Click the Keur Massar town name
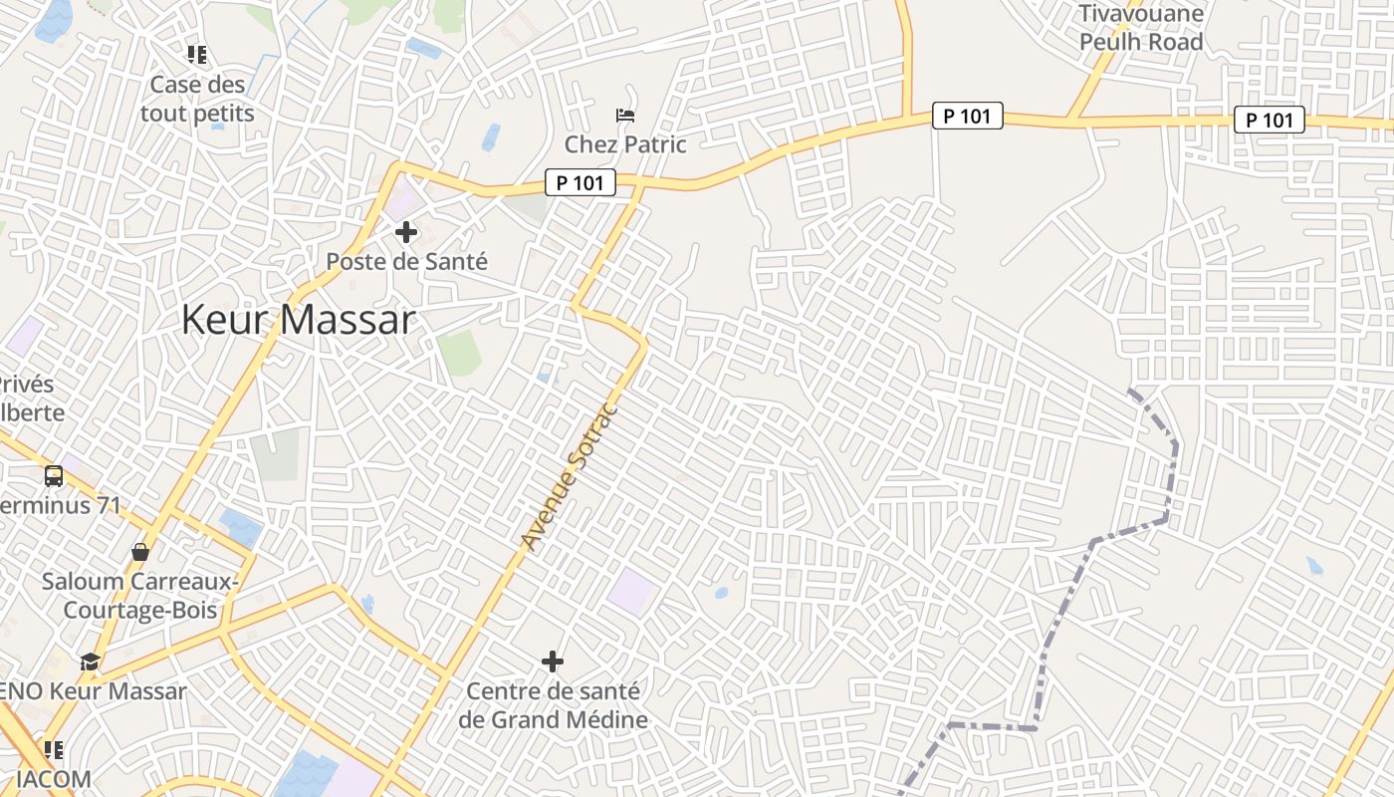point(298,320)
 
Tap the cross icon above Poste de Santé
point(406,233)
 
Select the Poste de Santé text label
point(407,262)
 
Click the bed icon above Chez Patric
point(625,116)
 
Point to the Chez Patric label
point(625,144)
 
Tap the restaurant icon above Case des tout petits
point(197,55)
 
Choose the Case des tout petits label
point(197,99)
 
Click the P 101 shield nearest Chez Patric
point(581,182)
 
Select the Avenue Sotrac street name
point(570,476)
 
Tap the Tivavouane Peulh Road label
point(1141,28)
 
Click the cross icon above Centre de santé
point(553,661)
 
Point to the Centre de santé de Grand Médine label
point(554,705)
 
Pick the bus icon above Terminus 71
point(54,476)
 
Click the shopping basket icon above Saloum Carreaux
point(140,551)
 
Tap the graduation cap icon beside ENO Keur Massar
point(91,662)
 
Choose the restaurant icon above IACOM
point(54,749)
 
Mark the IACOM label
point(55,779)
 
